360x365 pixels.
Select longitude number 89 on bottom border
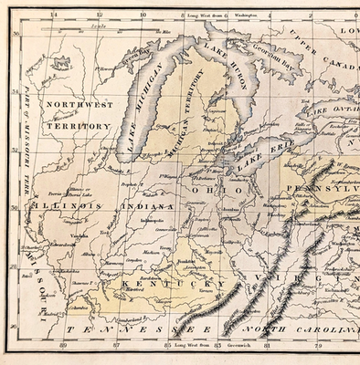pyautogui.click(x=62, y=346)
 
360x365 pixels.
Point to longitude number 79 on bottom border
pyautogui.click(x=318, y=346)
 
